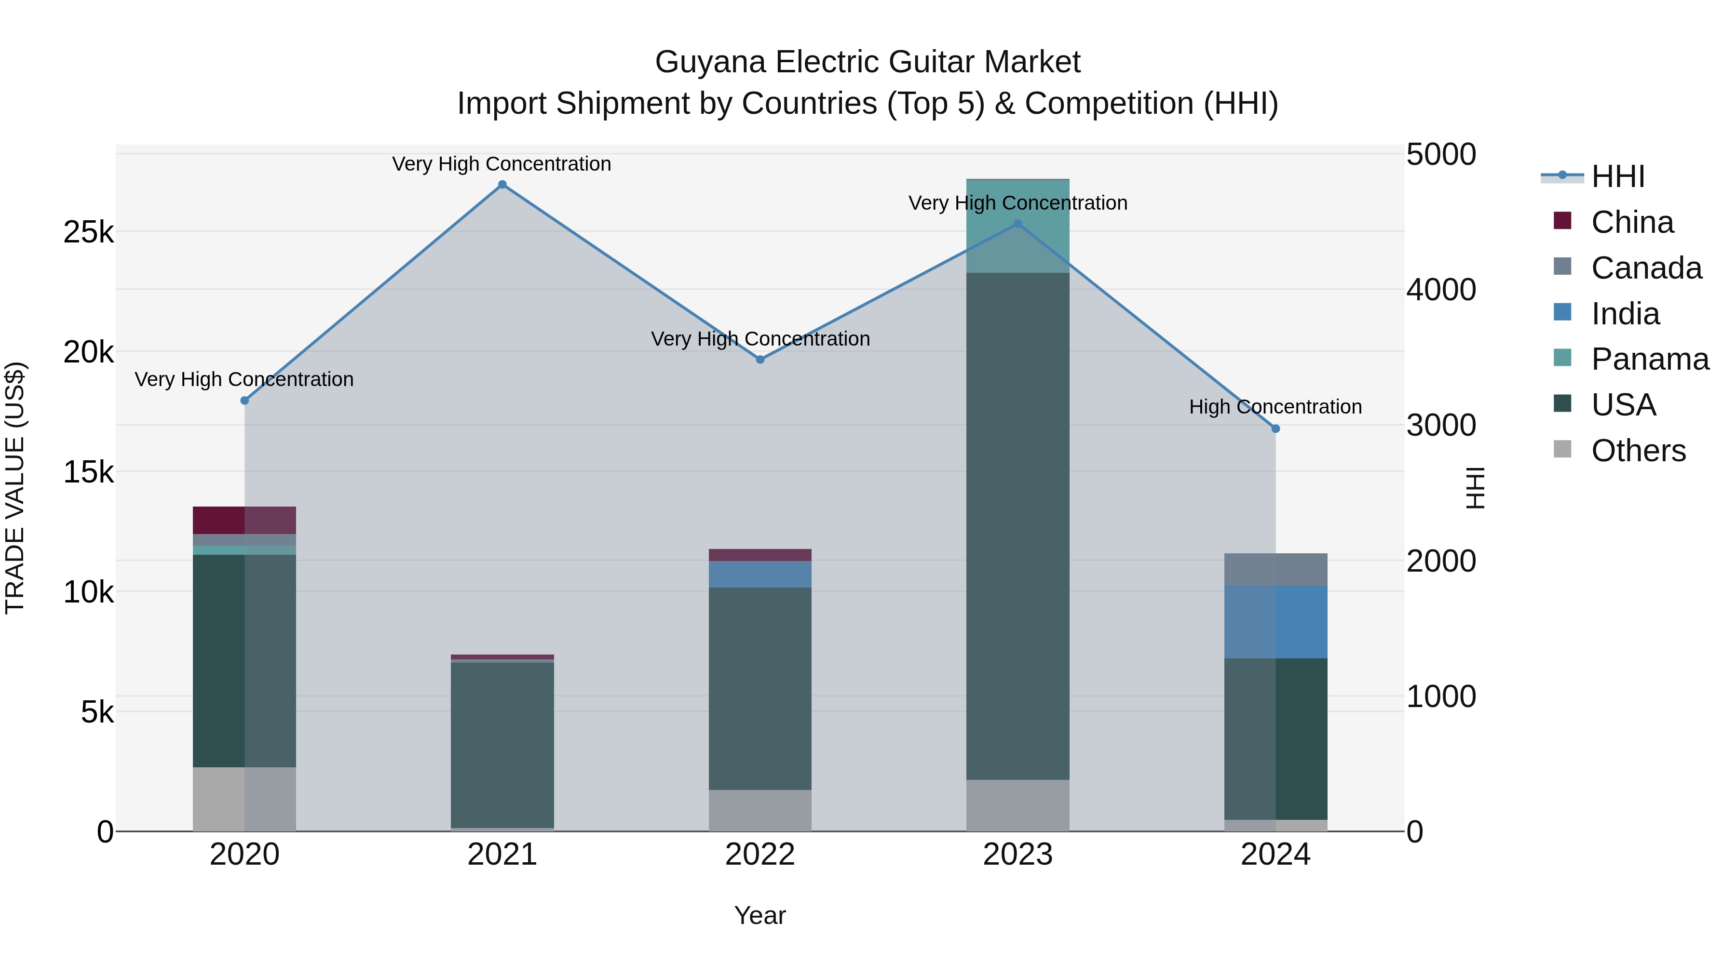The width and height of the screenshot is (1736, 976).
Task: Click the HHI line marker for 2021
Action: [502, 185]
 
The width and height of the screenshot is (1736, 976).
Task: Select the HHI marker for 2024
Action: [1275, 428]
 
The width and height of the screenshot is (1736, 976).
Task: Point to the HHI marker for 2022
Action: [760, 360]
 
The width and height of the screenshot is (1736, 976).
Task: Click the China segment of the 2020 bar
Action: [244, 520]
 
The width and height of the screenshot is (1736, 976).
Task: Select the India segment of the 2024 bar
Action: [1275, 622]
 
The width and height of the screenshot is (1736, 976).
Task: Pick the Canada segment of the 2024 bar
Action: [1275, 569]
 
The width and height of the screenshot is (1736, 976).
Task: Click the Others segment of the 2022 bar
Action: [760, 810]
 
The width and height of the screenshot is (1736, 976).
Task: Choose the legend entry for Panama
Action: [1650, 359]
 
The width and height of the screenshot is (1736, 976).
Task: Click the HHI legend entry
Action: [1617, 176]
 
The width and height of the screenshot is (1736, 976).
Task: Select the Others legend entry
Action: [1638, 451]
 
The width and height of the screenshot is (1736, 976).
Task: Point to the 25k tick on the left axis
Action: [88, 232]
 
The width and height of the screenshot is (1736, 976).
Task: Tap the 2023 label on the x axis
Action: [1017, 855]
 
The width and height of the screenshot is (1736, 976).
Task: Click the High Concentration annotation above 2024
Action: [1275, 407]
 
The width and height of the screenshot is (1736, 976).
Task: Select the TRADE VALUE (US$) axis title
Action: [15, 488]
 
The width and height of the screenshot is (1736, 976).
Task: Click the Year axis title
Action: [759, 915]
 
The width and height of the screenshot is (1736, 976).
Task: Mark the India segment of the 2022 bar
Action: [760, 574]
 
